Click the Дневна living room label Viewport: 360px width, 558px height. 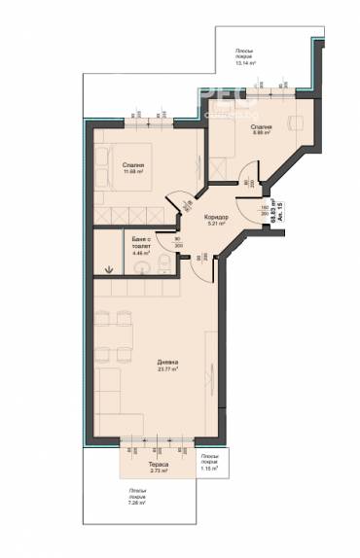pyautogui.click(x=168, y=360)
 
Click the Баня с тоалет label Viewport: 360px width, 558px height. pyautogui.click(x=139, y=240)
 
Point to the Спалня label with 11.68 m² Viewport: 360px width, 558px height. pyautogui.click(x=133, y=166)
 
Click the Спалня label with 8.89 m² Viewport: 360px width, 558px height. pyautogui.click(x=260, y=127)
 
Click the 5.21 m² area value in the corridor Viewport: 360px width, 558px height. pyautogui.click(x=215, y=224)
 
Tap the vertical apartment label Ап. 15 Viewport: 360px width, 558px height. pyautogui.click(x=281, y=215)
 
